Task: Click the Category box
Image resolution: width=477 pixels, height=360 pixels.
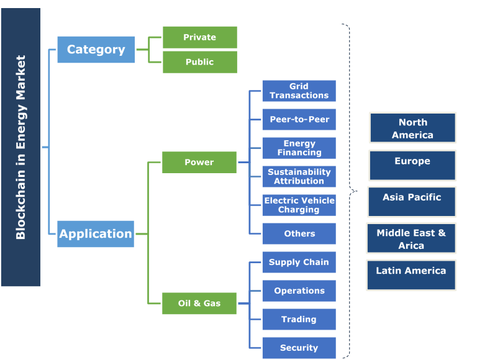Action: (96, 50)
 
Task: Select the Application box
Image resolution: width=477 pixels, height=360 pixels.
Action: (96, 234)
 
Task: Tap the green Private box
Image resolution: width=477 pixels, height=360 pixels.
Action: (199, 37)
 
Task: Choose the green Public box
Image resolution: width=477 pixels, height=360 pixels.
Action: (199, 62)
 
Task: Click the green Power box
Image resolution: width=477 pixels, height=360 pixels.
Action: (199, 162)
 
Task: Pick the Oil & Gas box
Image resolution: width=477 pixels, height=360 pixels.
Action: (199, 304)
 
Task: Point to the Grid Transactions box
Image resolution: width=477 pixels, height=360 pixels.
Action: (299, 91)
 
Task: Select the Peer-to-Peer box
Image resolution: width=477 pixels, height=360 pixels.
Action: (299, 119)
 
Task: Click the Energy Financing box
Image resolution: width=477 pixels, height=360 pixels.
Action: (299, 148)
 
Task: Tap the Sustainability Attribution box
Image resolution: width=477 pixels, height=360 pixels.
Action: (299, 176)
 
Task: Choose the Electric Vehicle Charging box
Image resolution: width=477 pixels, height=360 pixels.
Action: (299, 205)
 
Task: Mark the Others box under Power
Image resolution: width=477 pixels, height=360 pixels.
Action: (299, 233)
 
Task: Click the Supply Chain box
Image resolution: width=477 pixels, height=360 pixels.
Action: (299, 262)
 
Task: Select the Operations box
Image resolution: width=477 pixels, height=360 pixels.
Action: (299, 290)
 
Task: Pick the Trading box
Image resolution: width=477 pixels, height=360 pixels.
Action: (299, 319)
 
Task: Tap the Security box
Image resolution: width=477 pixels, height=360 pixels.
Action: (299, 348)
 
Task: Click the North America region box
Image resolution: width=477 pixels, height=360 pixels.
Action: (412, 128)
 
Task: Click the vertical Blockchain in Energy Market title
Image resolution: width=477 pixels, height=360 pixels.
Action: (20, 147)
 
